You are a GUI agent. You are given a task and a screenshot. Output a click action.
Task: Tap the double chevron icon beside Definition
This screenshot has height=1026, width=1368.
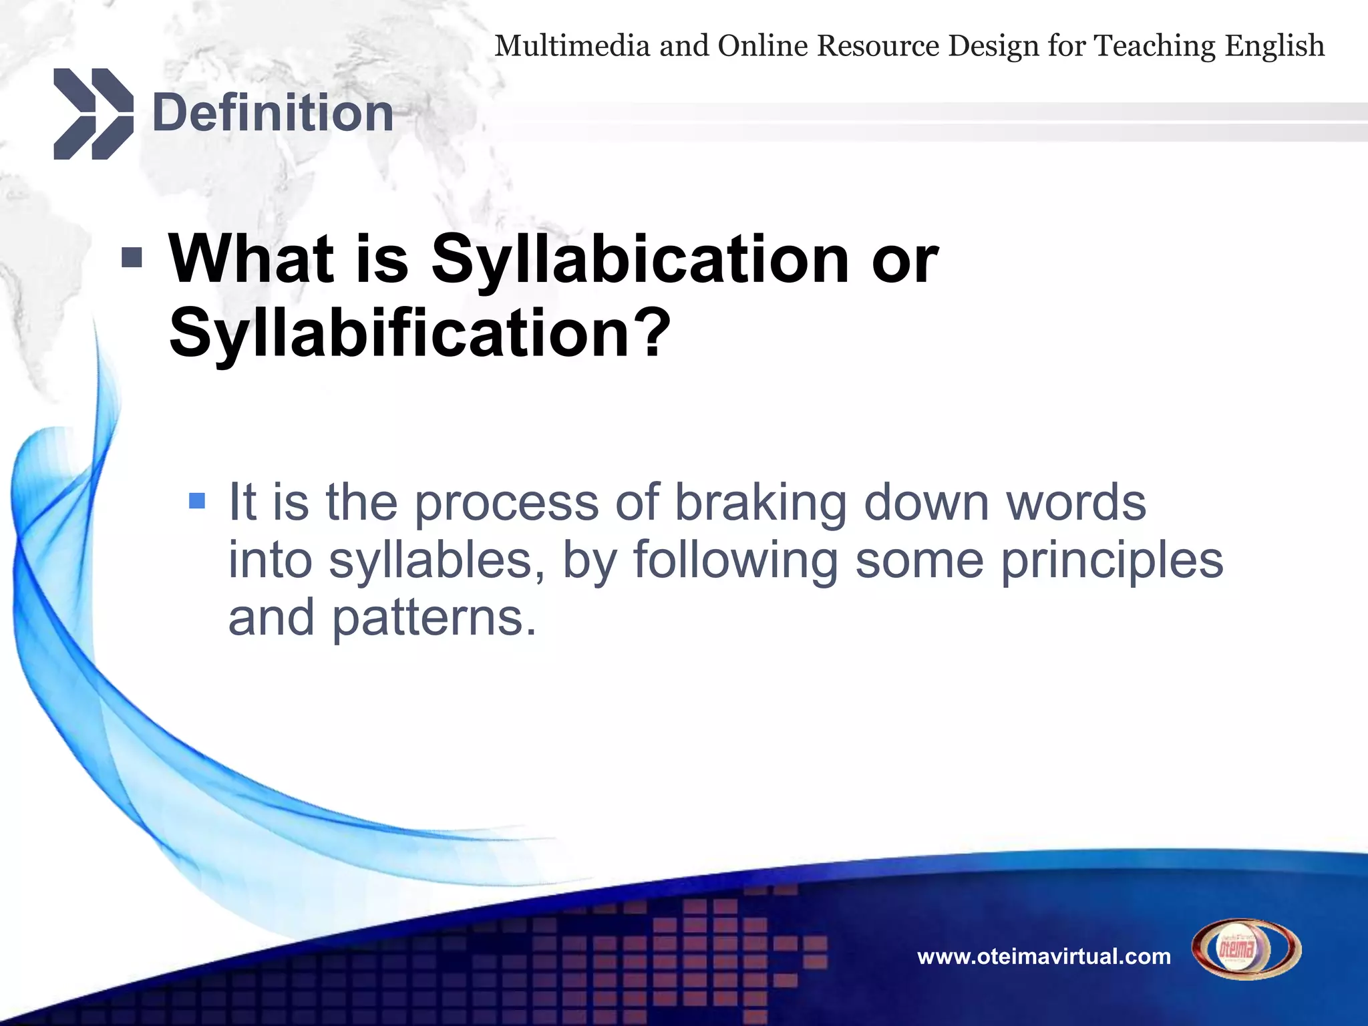pyautogui.click(x=93, y=114)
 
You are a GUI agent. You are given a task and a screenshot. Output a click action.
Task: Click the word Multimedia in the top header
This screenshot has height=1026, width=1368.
pyautogui.click(x=572, y=46)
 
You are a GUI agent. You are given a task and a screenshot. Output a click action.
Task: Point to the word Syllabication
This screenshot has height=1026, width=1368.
pyautogui.click(x=640, y=261)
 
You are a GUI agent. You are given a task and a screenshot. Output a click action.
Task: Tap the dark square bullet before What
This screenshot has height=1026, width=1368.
pyautogui.click(x=132, y=257)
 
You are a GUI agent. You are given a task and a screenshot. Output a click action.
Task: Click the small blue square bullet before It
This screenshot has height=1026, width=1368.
pyautogui.click(x=197, y=500)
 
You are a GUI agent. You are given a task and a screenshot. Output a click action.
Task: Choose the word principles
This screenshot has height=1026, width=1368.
pyautogui.click(x=1111, y=560)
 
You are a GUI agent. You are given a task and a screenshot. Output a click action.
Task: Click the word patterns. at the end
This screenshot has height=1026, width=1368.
pyautogui.click(x=434, y=619)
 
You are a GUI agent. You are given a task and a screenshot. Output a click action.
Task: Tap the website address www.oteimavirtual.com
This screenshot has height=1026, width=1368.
pyautogui.click(x=1044, y=957)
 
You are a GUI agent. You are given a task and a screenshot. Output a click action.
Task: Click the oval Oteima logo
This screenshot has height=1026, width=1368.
pyautogui.click(x=1246, y=949)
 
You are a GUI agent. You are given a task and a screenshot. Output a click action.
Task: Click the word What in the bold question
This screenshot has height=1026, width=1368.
pyautogui.click(x=250, y=259)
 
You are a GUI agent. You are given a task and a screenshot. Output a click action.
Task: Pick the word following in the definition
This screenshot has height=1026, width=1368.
pyautogui.click(x=735, y=560)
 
